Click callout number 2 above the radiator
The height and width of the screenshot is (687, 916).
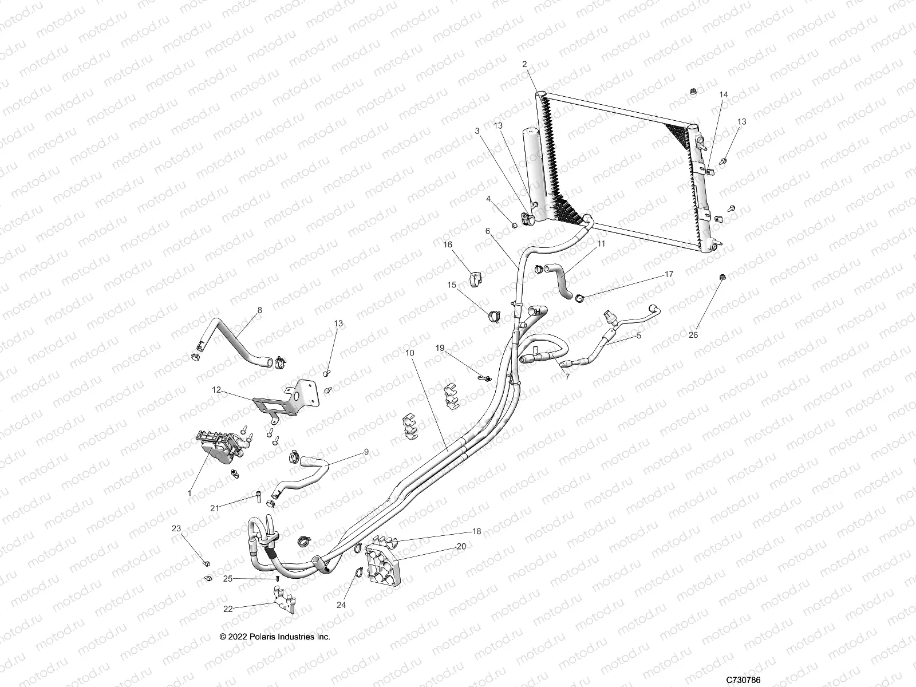tap(524, 65)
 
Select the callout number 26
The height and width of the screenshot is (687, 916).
tap(694, 335)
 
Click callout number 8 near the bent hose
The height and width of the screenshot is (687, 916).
tap(259, 310)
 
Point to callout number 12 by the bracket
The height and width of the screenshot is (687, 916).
tap(216, 390)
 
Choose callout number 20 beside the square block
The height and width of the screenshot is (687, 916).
tap(461, 546)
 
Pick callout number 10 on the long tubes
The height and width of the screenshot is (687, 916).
tap(409, 353)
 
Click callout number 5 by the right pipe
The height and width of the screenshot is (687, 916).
tap(638, 336)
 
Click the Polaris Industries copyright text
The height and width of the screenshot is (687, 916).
tap(275, 637)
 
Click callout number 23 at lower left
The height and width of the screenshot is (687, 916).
tap(176, 528)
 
